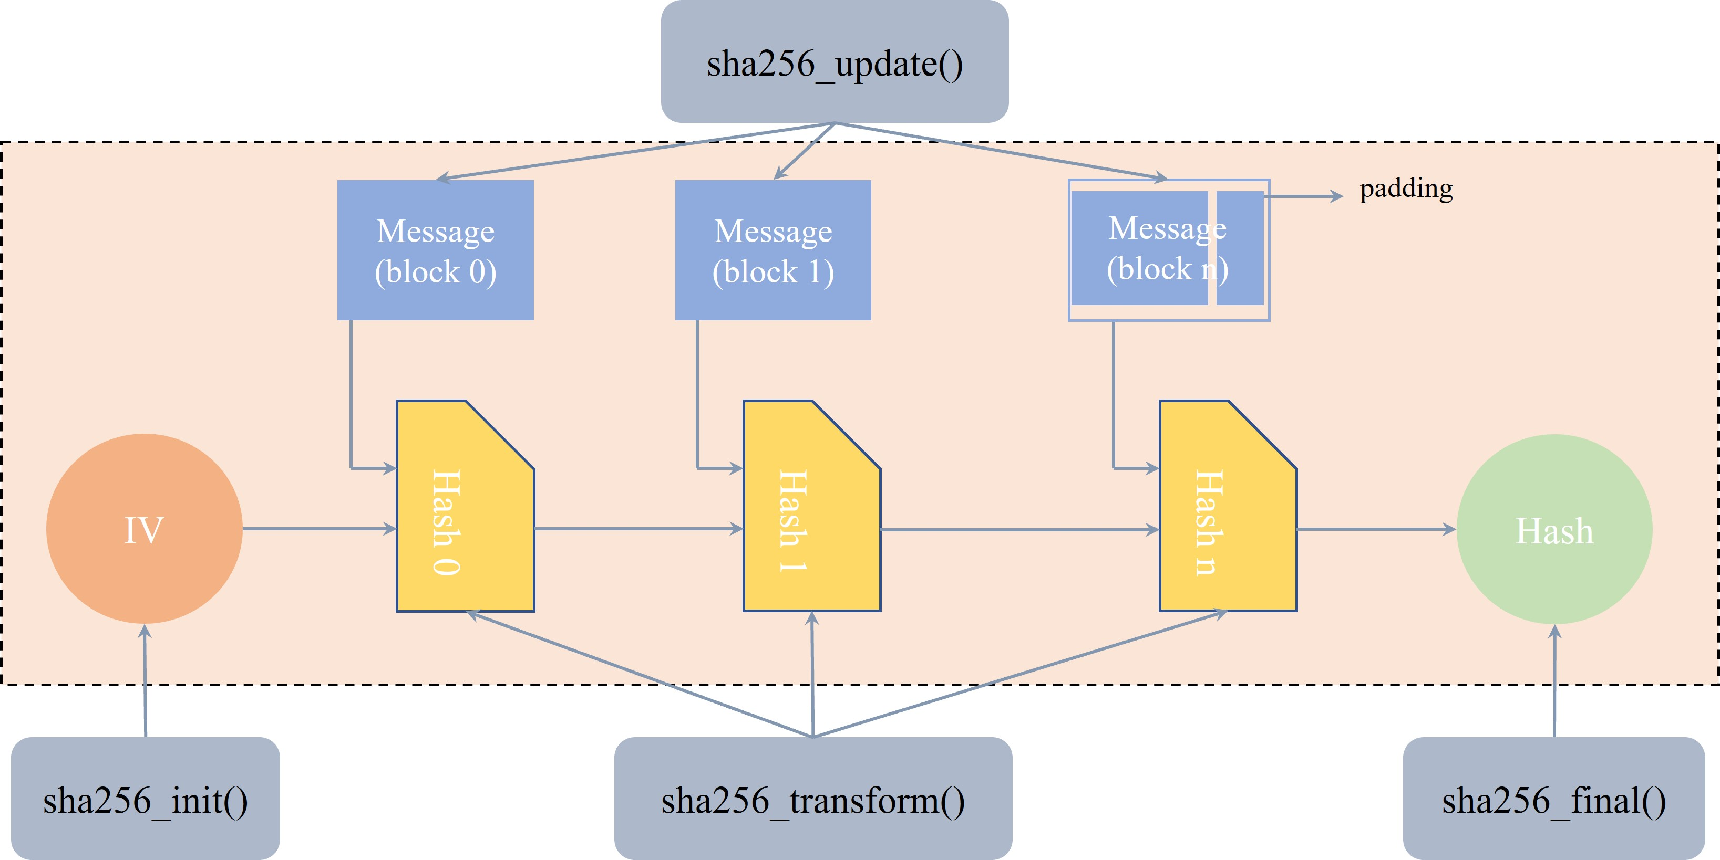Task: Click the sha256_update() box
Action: click(x=834, y=62)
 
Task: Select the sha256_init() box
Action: click(x=146, y=798)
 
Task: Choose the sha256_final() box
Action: click(x=1554, y=798)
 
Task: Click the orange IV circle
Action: click(x=144, y=529)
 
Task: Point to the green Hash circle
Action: click(x=1554, y=530)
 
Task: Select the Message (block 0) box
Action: click(x=435, y=250)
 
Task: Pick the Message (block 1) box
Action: click(x=773, y=250)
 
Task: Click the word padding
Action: click(x=1406, y=189)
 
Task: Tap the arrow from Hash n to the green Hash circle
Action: click(x=1375, y=530)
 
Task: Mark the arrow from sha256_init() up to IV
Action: click(x=145, y=680)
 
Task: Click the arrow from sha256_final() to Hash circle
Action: click(x=1554, y=680)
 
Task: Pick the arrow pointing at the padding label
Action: click(x=1302, y=196)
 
